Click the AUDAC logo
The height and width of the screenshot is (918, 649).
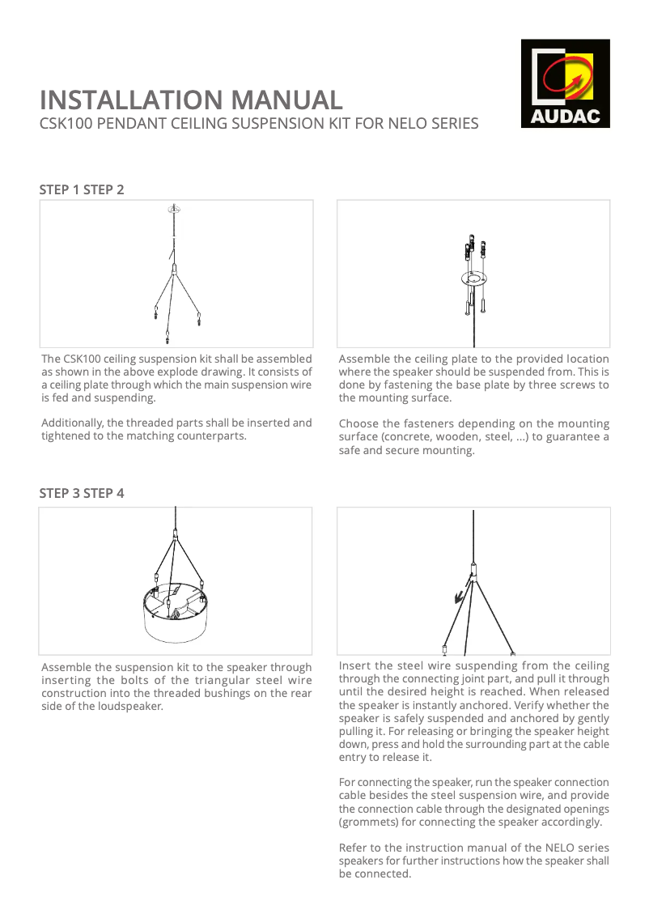pyautogui.click(x=565, y=83)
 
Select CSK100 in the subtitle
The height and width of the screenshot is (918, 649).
pyautogui.click(x=66, y=124)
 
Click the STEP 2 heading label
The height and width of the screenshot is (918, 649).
pyautogui.click(x=104, y=189)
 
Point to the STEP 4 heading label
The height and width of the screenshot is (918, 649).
pyautogui.click(x=104, y=493)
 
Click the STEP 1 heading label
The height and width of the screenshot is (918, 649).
pyautogui.click(x=60, y=189)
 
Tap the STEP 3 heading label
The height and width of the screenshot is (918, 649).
pyautogui.click(x=60, y=493)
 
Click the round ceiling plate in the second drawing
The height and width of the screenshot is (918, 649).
pyautogui.click(x=473, y=280)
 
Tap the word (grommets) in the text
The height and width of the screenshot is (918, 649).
pyautogui.click(x=370, y=822)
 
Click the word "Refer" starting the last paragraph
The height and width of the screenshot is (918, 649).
pyautogui.click(x=354, y=848)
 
